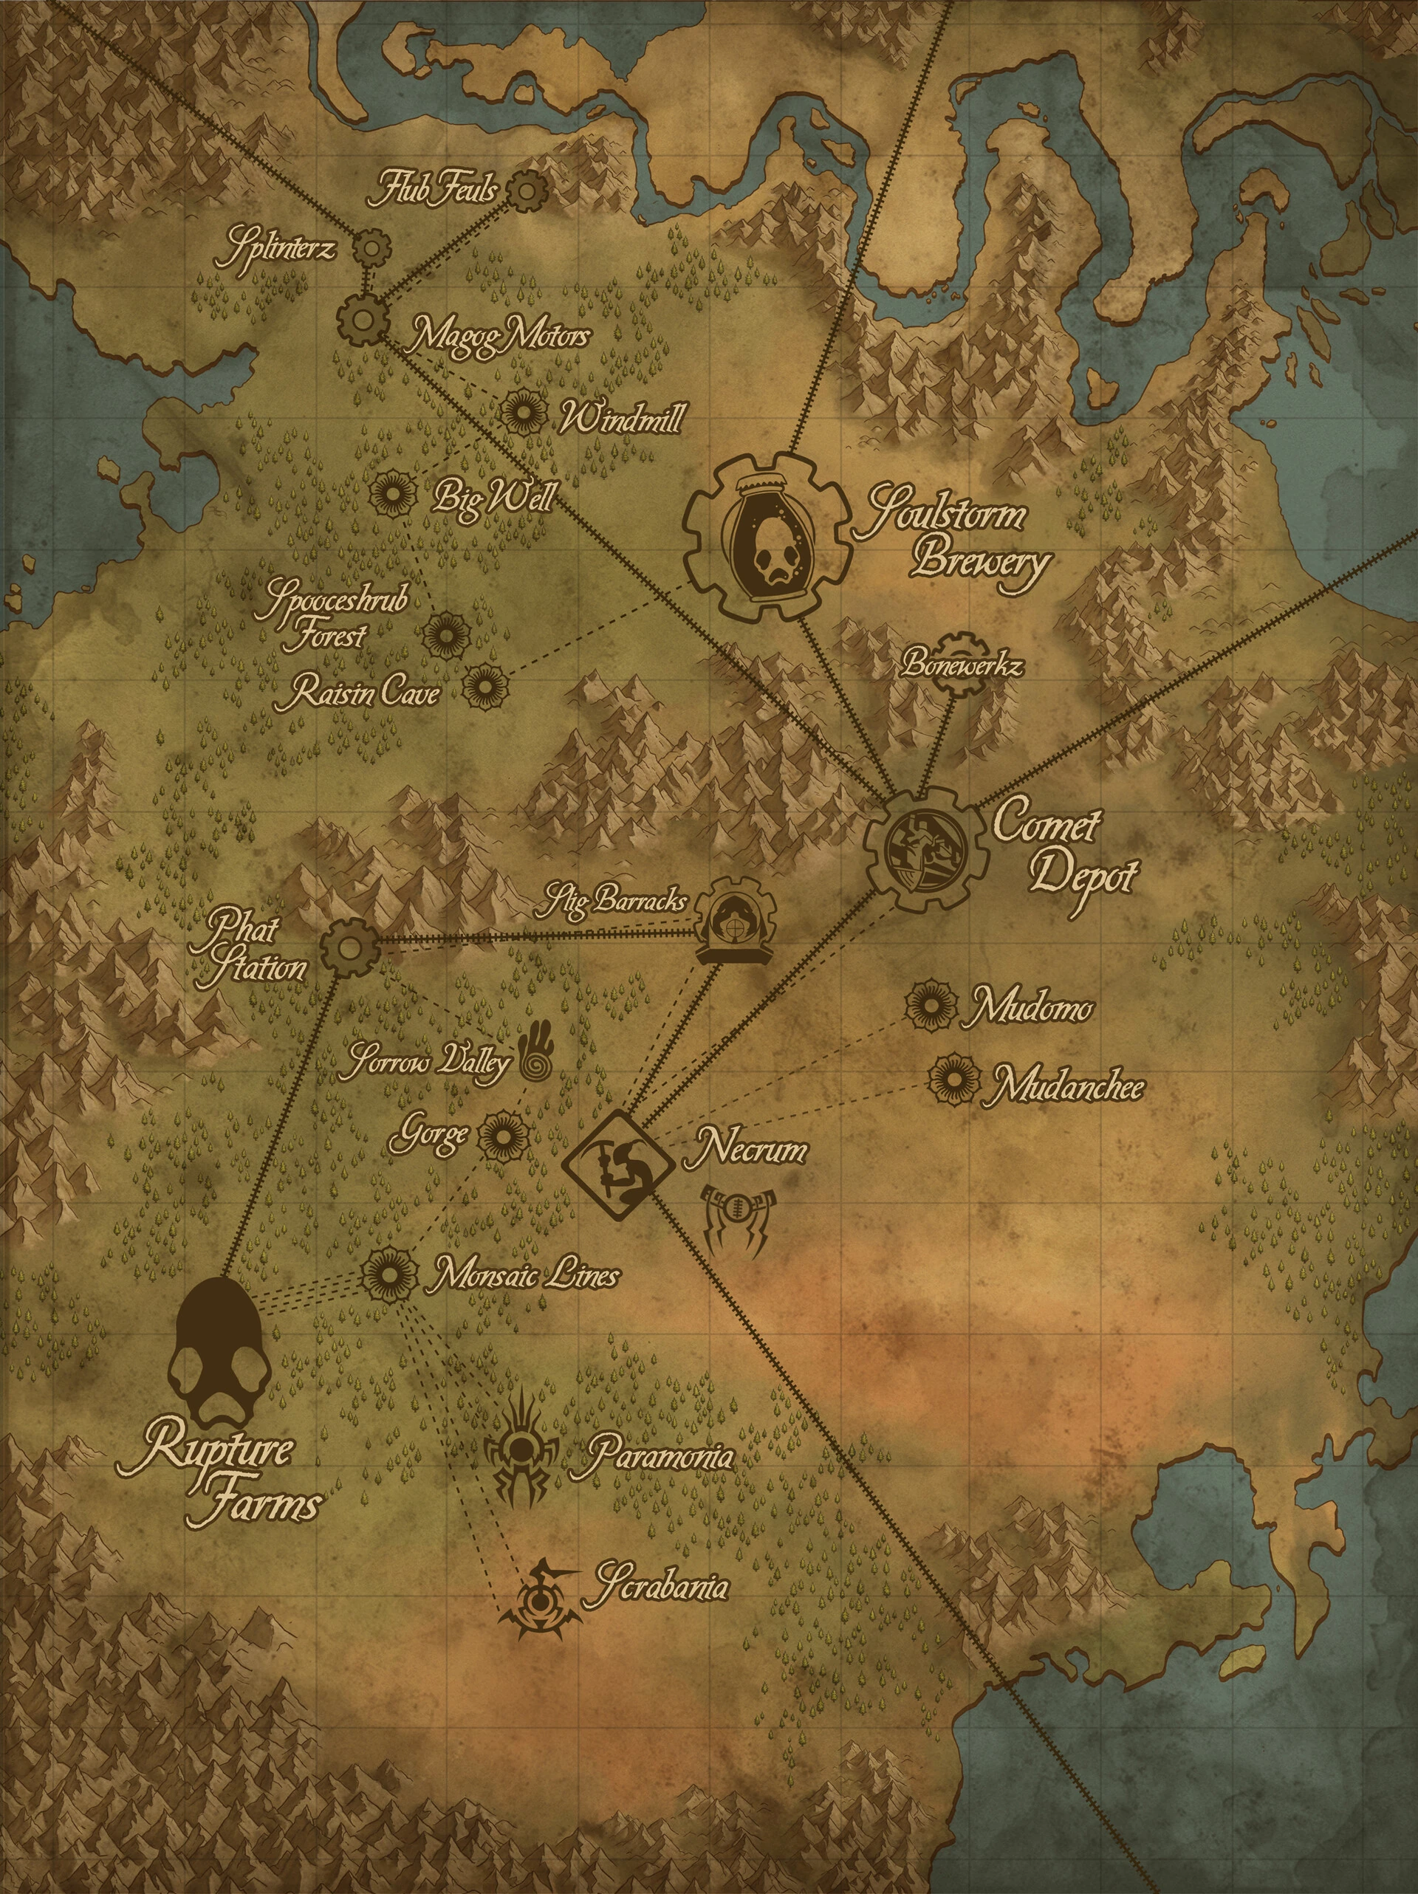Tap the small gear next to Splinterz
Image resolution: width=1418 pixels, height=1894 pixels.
(370, 249)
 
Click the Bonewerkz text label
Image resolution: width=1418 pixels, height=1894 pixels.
(960, 667)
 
